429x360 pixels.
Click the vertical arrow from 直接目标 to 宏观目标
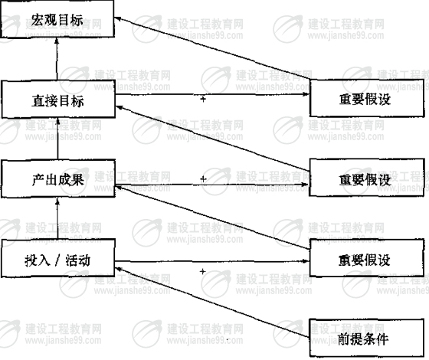57,59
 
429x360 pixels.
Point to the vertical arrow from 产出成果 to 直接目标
57,139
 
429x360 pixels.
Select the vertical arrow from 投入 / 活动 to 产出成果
57,218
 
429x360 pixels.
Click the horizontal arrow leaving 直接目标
212,94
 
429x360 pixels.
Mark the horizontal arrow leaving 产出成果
212,185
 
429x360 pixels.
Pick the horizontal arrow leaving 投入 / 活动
212,261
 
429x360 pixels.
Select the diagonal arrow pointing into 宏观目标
212,48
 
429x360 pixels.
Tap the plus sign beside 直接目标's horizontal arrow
203,99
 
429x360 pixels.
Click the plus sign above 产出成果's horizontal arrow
203,179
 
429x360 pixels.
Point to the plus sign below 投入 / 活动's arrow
202,271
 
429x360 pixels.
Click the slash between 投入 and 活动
57,260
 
